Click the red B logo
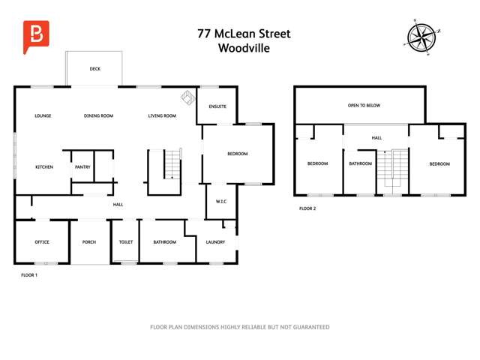[x=34, y=37]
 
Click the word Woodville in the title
[x=244, y=48]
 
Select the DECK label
[x=94, y=69]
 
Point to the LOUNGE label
[x=43, y=115]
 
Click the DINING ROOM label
[x=98, y=115]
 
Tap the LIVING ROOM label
[x=162, y=115]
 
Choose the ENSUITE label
[x=217, y=106]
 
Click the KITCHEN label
[x=44, y=166]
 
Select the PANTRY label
[x=82, y=166]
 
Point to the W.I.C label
[x=221, y=201]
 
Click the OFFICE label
[x=42, y=242]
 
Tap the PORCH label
[x=89, y=242]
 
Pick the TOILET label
[x=126, y=242]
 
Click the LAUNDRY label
[x=215, y=242]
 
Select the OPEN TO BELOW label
[x=364, y=106]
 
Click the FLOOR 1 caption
[x=28, y=275]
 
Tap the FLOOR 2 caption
[x=307, y=208]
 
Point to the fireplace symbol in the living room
[x=186, y=98]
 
